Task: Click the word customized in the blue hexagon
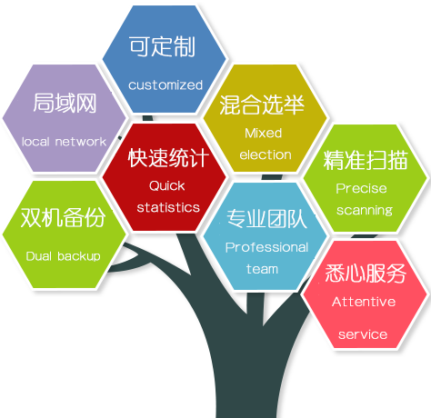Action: [x=165, y=85]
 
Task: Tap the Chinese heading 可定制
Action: [x=162, y=46]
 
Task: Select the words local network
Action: [x=64, y=142]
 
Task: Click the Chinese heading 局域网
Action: [x=65, y=104]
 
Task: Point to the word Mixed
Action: [x=263, y=133]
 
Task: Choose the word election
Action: [x=266, y=154]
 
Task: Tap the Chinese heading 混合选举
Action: [x=262, y=104]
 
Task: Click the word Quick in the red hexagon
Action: [x=166, y=185]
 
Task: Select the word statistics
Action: [x=168, y=207]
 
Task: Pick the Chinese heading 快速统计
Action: [x=168, y=158]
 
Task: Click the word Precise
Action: [x=361, y=188]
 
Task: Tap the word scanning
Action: [x=365, y=210]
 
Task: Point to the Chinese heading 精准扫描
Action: [x=366, y=160]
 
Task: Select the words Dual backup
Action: [x=63, y=256]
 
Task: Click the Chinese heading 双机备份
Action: [x=63, y=217]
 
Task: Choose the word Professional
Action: [x=266, y=247]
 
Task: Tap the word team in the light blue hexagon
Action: [x=262, y=269]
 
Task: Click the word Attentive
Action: [x=364, y=302]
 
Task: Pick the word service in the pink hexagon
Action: [x=363, y=334]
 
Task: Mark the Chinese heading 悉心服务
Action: [x=366, y=274]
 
